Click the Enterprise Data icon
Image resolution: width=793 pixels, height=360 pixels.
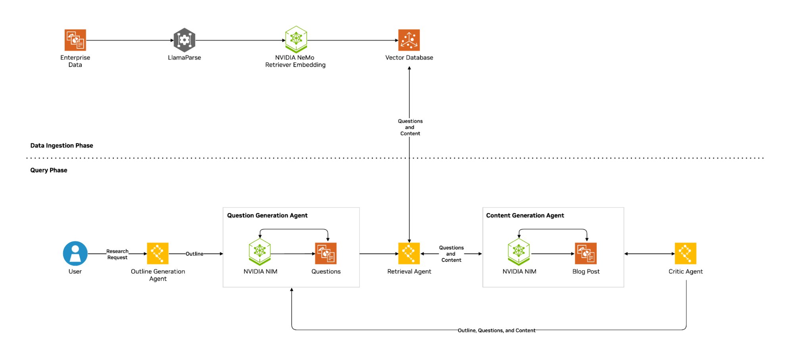(x=75, y=40)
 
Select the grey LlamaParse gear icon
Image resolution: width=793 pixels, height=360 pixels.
(x=184, y=40)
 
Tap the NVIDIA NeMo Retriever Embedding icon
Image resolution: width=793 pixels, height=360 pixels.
(x=296, y=40)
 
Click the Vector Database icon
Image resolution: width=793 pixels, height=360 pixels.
(x=409, y=40)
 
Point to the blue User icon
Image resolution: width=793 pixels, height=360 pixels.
(x=75, y=254)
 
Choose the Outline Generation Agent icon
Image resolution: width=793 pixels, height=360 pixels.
(x=158, y=254)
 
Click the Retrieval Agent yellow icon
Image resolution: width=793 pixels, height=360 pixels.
(x=409, y=254)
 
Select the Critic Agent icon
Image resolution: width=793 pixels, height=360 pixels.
(x=685, y=254)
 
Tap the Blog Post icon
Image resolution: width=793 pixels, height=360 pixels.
(x=586, y=254)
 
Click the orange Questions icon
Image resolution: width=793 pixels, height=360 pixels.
(x=326, y=254)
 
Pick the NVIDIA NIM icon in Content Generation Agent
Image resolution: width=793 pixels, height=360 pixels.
(x=519, y=252)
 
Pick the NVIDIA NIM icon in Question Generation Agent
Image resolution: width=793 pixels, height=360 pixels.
(x=260, y=252)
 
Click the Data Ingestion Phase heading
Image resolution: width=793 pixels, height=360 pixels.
(x=61, y=146)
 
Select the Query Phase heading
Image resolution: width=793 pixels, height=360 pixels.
(x=49, y=170)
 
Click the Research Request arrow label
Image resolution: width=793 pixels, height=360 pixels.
(x=117, y=254)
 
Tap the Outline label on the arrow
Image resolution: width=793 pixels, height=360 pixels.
(x=194, y=254)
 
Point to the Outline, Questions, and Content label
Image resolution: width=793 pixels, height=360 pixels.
(x=496, y=330)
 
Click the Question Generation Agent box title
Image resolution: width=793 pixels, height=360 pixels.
(x=267, y=216)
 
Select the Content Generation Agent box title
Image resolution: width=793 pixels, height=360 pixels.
(x=525, y=216)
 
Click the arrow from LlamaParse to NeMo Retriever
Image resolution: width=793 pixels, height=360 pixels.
(x=240, y=40)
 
